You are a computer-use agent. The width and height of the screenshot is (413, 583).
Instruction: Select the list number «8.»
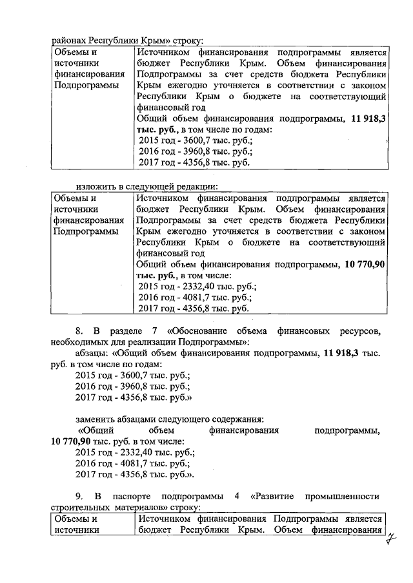coord(81,330)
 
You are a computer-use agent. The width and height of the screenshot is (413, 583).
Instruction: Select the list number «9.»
coord(81,496)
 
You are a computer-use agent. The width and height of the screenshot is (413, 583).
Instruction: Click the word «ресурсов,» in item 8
coord(361,330)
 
